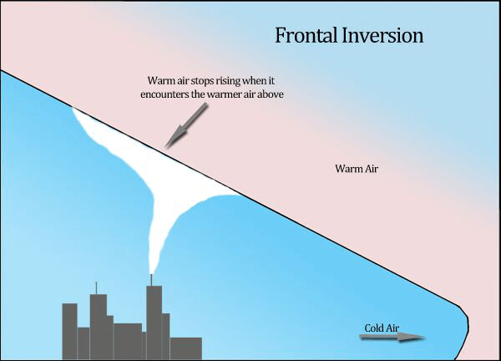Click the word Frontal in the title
tap(306, 35)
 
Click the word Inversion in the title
tap(382, 35)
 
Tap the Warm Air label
tap(357, 169)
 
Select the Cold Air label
tap(382, 328)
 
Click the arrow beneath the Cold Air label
tap(392, 337)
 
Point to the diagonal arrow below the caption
tap(186, 125)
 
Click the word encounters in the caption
tap(167, 94)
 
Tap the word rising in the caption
tap(228, 81)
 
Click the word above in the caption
tap(271, 94)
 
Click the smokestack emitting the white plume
tap(151, 280)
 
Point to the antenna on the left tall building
tap(96, 288)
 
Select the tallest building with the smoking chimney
tap(154, 323)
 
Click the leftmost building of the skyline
tap(69, 331)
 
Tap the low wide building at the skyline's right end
tap(186, 348)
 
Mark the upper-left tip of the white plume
tap(73, 108)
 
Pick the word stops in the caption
tap(202, 81)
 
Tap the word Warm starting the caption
tap(158, 80)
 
